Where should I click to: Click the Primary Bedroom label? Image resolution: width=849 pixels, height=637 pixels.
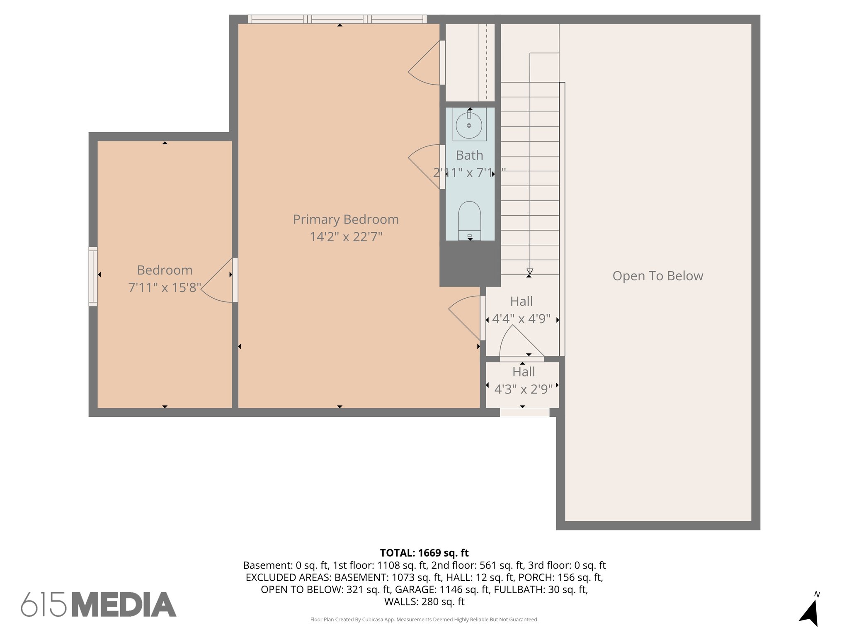click(x=346, y=219)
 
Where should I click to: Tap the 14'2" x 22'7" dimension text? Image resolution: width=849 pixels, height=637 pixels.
click(x=346, y=237)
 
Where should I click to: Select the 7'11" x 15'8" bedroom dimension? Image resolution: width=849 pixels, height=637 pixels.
click(x=165, y=287)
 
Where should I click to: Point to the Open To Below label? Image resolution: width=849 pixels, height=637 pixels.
click(x=657, y=276)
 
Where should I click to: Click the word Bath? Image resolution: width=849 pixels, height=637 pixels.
click(x=469, y=156)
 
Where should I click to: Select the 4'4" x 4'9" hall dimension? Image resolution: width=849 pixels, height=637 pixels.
click(x=521, y=319)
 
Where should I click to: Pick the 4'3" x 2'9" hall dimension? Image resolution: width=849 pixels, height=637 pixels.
click(x=523, y=389)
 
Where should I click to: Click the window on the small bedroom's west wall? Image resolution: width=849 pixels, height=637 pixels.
click(x=93, y=277)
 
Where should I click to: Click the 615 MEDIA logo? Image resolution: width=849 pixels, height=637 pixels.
click(x=99, y=604)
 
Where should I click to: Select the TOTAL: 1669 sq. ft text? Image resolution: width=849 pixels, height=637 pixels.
click(x=424, y=553)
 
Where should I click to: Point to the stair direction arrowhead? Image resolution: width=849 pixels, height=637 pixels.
click(x=529, y=272)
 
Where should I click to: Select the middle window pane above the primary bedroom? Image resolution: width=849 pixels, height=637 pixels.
click(x=337, y=19)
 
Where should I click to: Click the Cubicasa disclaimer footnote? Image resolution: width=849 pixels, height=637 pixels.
click(x=424, y=620)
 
